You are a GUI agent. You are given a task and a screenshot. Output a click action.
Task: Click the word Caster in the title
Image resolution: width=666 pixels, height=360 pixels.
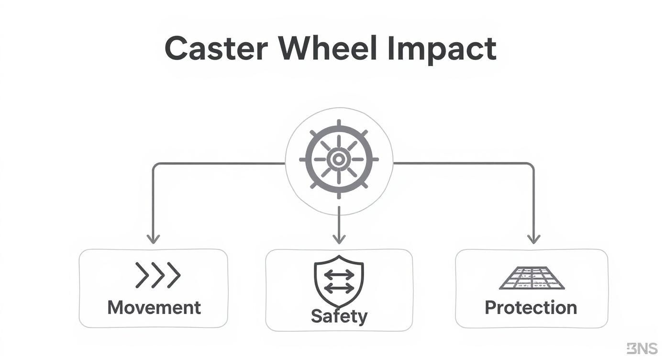216,48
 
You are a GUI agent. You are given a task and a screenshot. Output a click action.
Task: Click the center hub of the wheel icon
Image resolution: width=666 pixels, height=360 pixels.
339,159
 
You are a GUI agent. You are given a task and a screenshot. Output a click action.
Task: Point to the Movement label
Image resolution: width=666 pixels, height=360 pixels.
154,307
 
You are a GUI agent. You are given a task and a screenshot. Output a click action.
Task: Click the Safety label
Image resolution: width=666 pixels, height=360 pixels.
339,316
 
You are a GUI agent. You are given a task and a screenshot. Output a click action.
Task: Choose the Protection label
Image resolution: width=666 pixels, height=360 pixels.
531,307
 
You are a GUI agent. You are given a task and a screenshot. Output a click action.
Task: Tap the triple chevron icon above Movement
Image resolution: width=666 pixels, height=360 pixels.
157,275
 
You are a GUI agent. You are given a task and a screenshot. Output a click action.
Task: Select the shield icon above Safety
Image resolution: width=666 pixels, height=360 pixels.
339,282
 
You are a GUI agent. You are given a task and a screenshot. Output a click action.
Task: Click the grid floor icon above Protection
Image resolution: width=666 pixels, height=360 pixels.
532,278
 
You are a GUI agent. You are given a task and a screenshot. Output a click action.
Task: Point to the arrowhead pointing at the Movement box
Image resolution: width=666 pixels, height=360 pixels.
153,238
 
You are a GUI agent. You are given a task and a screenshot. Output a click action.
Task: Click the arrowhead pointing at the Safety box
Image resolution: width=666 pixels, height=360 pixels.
339,238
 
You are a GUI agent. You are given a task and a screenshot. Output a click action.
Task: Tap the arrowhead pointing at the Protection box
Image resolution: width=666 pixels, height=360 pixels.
533,238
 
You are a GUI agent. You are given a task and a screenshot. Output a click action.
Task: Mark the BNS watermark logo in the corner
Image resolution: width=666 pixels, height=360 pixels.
642,349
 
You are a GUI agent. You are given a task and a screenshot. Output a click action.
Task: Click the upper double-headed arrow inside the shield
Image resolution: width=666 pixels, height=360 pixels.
339,275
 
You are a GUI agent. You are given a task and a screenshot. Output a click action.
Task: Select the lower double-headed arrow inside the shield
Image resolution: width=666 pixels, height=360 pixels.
339,288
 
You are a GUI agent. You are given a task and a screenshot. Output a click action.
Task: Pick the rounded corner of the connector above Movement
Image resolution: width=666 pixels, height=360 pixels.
155,166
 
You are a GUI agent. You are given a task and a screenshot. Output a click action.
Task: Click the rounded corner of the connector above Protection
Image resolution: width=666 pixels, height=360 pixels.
531,166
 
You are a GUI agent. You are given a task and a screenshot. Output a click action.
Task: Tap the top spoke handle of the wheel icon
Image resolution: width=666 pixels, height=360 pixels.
339,124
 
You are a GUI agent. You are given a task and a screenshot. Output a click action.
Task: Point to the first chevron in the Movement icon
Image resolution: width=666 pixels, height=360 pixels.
142,275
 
